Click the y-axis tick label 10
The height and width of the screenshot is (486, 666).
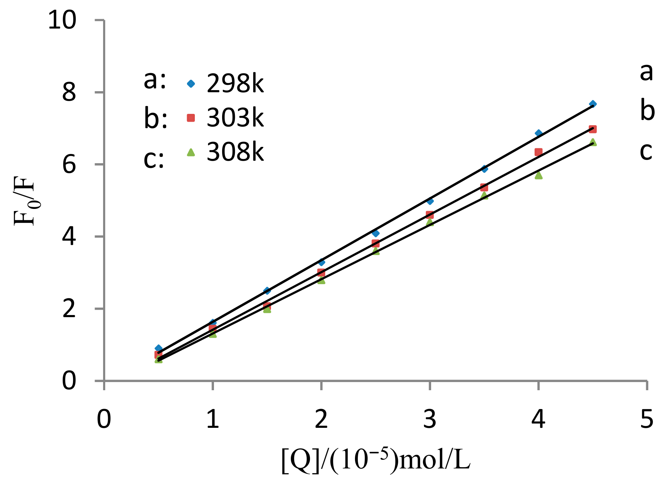coord(62,20)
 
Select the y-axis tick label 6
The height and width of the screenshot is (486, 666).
coord(69,165)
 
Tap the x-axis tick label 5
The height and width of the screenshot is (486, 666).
coord(647,419)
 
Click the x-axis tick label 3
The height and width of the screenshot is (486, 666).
coord(429,419)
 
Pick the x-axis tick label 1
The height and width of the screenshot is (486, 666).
coord(212,419)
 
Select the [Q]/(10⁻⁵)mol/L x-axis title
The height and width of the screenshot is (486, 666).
coord(376,460)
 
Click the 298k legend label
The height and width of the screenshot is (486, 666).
coord(235,84)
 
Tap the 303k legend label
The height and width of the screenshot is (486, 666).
coord(235,118)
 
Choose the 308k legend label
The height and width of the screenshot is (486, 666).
coord(235,152)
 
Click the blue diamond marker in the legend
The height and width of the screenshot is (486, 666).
coord(191,84)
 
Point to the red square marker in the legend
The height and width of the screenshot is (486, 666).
coord(191,118)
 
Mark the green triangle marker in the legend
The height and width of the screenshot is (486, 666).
coord(191,152)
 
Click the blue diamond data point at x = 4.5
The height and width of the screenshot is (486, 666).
coord(593,104)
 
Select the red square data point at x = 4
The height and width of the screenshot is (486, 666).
coord(538,152)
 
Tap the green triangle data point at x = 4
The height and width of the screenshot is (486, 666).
coord(538,175)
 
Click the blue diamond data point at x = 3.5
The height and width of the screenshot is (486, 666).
coord(484,169)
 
